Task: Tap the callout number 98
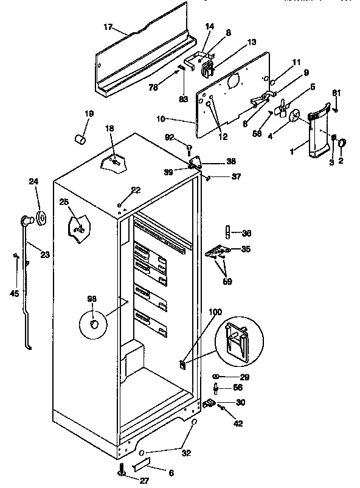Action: coord(92,298)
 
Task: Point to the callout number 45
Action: coord(15,293)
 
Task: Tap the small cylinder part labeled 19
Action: coord(79,140)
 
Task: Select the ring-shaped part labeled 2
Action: coord(342,143)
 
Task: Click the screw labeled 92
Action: coord(190,147)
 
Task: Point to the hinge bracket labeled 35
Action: coord(219,250)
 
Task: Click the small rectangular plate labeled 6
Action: coord(140,466)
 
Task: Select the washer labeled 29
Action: coord(218,378)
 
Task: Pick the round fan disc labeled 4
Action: coord(295,116)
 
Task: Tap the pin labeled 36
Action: coord(227,232)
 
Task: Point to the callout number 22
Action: coord(135,190)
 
